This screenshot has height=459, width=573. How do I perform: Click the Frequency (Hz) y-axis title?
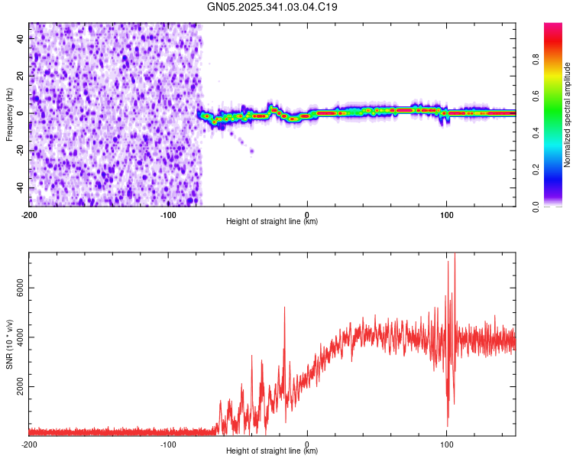pyautogui.click(x=9, y=114)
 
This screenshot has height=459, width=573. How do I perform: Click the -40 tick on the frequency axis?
pyautogui.click(x=20, y=188)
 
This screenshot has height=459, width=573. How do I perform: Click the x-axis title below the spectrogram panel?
pyautogui.click(x=272, y=222)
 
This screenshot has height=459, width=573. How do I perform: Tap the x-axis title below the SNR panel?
pyautogui.click(x=272, y=451)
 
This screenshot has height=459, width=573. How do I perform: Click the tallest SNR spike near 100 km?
pyautogui.click(x=455, y=257)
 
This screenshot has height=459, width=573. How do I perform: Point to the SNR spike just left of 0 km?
pyautogui.click(x=284, y=308)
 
